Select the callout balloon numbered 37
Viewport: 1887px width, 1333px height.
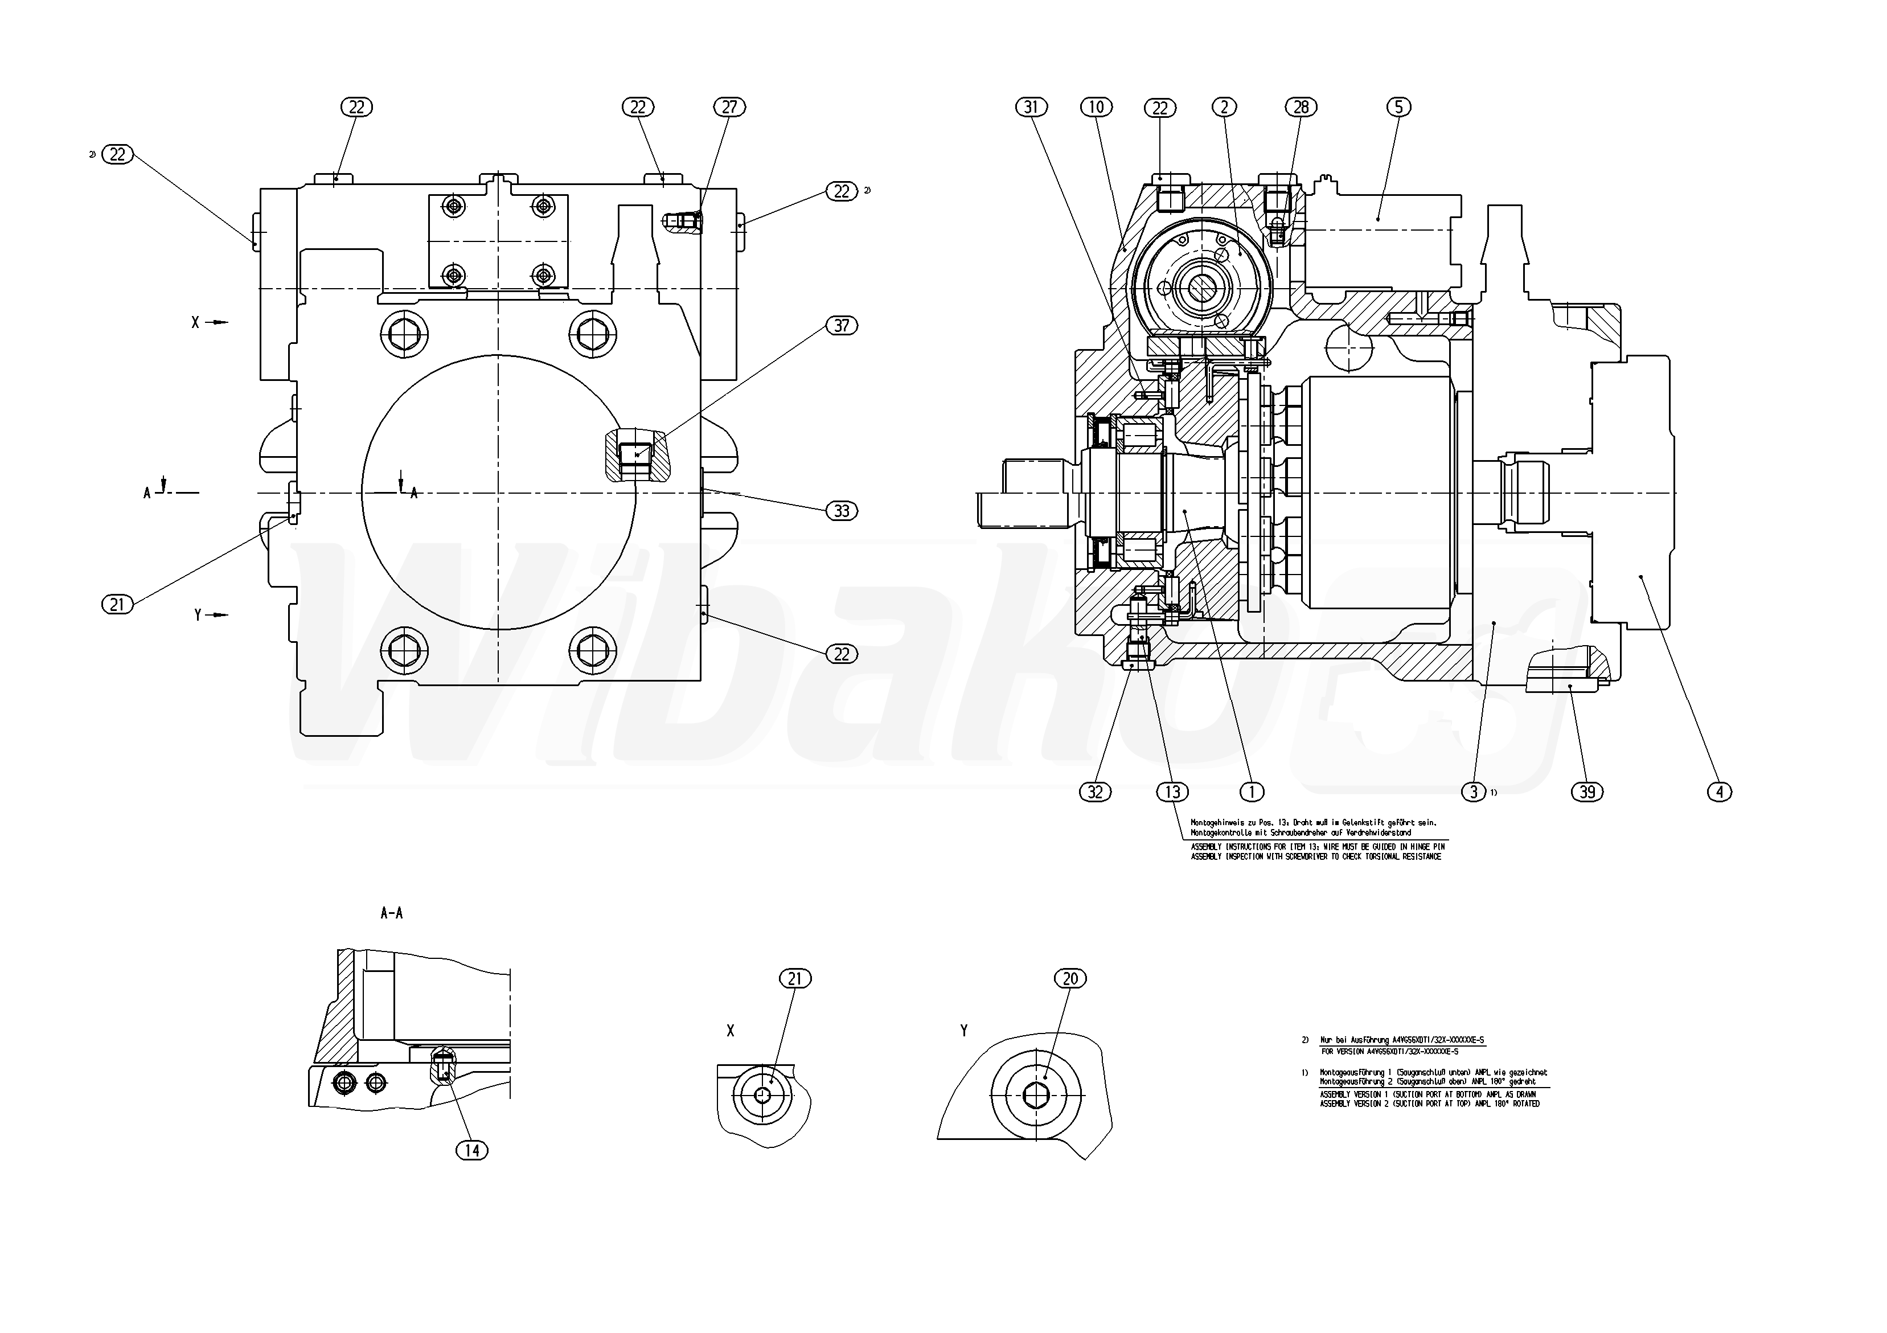(x=842, y=326)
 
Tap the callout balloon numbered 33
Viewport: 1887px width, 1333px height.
(x=842, y=511)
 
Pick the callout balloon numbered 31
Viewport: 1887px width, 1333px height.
(x=1032, y=107)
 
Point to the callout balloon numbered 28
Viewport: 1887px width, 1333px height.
(x=1301, y=107)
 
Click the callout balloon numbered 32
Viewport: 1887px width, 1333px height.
(x=1096, y=791)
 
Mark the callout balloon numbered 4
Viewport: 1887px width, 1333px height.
(x=1720, y=791)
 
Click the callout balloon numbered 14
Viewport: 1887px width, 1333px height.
(x=471, y=1151)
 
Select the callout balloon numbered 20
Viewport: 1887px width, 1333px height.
(x=1070, y=979)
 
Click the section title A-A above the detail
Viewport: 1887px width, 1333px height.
(x=392, y=913)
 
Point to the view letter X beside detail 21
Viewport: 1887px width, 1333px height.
(x=731, y=1031)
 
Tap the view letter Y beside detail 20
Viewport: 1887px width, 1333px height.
(x=964, y=1031)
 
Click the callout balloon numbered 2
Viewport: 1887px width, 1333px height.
(x=1225, y=107)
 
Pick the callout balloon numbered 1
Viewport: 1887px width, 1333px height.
(x=1251, y=791)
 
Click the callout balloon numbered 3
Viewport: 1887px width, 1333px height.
(x=1474, y=791)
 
